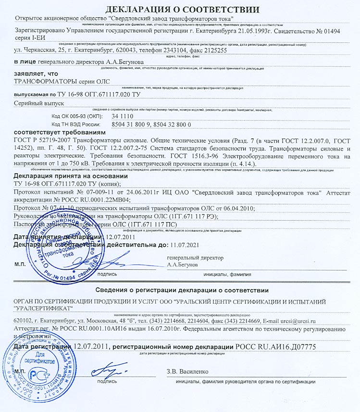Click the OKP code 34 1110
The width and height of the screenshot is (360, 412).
pos(122,116)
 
